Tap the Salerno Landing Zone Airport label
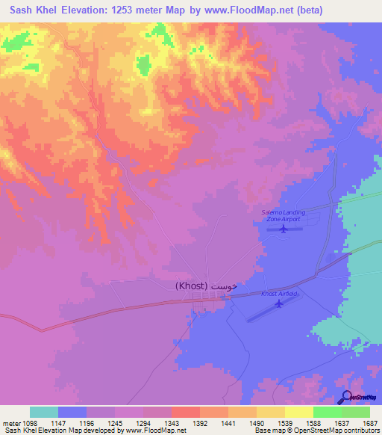(x=281, y=216)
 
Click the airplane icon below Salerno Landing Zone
(x=283, y=229)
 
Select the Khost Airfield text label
(x=279, y=294)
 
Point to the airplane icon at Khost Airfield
(x=279, y=303)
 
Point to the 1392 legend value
(x=199, y=423)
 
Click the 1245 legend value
(x=115, y=423)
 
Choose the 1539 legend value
(x=284, y=423)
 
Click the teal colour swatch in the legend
(x=44, y=412)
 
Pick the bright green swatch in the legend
(x=327, y=412)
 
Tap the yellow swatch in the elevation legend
(x=298, y=412)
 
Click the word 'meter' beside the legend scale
(x=10, y=423)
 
